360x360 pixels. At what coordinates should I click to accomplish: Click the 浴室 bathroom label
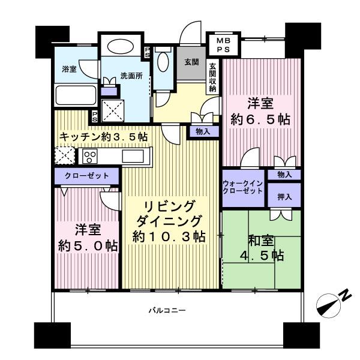tap(69, 69)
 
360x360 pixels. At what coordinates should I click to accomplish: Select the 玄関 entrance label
tap(191, 61)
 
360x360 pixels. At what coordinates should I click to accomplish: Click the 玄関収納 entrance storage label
tap(212, 77)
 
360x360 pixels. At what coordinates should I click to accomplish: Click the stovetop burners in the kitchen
tap(91, 157)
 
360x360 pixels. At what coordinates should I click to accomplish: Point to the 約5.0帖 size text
tap(88, 246)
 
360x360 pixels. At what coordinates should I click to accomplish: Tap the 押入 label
tap(285, 196)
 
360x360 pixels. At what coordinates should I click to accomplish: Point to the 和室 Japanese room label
tap(261, 242)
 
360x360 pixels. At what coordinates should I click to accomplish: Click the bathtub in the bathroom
tap(75, 96)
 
